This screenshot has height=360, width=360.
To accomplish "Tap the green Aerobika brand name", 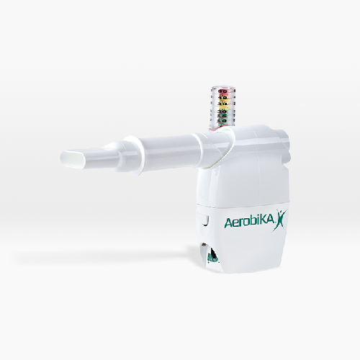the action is pyautogui.click(x=249, y=222).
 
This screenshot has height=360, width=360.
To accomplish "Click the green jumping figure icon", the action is pyautogui.click(x=280, y=220).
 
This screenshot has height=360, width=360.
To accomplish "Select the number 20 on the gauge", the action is pyautogui.click(x=223, y=112).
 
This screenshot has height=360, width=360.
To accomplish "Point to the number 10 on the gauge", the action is pyautogui.click(x=223, y=120).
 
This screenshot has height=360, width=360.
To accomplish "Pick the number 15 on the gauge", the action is pyautogui.click(x=223, y=116).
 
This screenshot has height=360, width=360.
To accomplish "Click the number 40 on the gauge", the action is pyautogui.click(x=223, y=98).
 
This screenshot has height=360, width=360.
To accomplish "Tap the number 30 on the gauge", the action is pyautogui.click(x=223, y=104).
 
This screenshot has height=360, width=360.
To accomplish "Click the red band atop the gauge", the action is pyautogui.click(x=223, y=91).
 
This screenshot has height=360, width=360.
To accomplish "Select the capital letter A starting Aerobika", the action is pyautogui.click(x=228, y=223).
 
